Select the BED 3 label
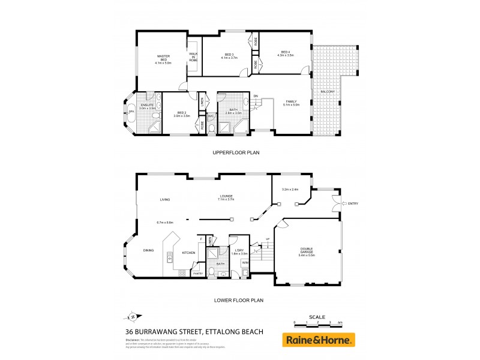[230, 55]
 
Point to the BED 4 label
[286, 53]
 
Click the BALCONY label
[327, 91]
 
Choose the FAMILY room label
[291, 103]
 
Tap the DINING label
[149, 250]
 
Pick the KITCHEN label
[189, 253]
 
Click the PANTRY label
[197, 273]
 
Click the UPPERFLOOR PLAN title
[236, 153]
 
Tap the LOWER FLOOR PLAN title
[238, 300]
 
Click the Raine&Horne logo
[319, 340]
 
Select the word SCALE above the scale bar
[317, 316]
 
